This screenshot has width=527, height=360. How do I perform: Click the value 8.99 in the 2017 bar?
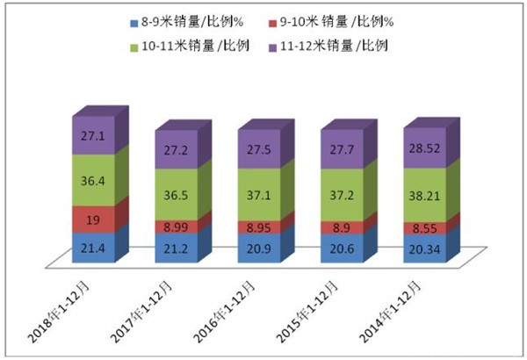click(175, 227)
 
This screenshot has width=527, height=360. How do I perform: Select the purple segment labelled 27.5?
click(257, 150)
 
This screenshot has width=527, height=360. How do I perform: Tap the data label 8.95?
click(257, 227)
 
